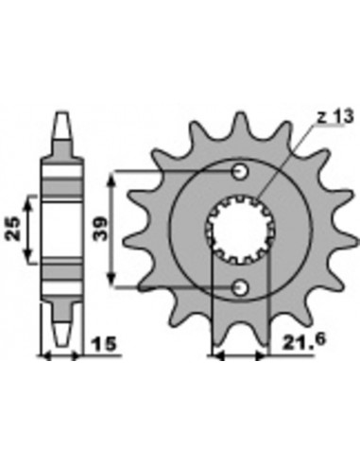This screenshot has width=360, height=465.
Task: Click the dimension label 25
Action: point(14,229)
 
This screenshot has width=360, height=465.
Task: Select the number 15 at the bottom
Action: point(104,344)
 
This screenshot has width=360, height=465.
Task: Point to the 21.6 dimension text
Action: point(303,341)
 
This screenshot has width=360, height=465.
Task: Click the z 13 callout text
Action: point(334,117)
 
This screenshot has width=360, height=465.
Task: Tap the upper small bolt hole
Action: point(240,172)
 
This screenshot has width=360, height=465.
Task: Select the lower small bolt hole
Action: point(240,287)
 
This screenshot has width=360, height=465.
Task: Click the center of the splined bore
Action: point(241,230)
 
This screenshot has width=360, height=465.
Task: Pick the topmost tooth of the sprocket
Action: point(241,124)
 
